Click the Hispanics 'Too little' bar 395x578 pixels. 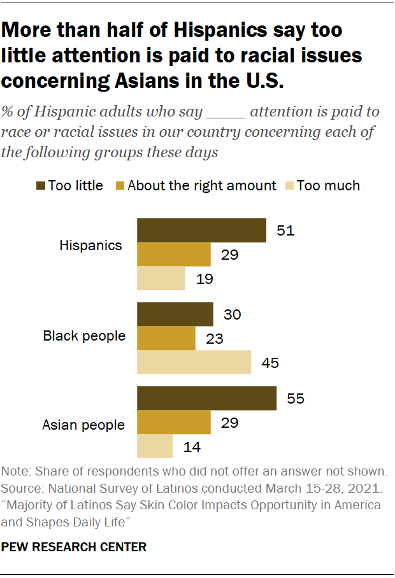[201, 230]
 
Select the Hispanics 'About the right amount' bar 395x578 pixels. [173, 255]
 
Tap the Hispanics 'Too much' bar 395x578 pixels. [161, 279]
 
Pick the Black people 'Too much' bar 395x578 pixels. [194, 362]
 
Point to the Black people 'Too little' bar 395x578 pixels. [175, 314]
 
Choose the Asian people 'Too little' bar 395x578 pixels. [206, 398]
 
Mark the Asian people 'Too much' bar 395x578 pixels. [155, 446]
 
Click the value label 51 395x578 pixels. [286, 230]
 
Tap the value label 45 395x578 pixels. [271, 363]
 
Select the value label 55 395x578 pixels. [296, 398]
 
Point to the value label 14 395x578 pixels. [192, 447]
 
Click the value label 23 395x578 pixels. [215, 339]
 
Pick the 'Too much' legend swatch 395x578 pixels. [288, 186]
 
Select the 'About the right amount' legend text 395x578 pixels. [202, 186]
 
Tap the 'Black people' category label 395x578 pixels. [84, 335]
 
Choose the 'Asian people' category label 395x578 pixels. [83, 424]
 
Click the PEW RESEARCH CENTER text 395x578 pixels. [74, 546]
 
